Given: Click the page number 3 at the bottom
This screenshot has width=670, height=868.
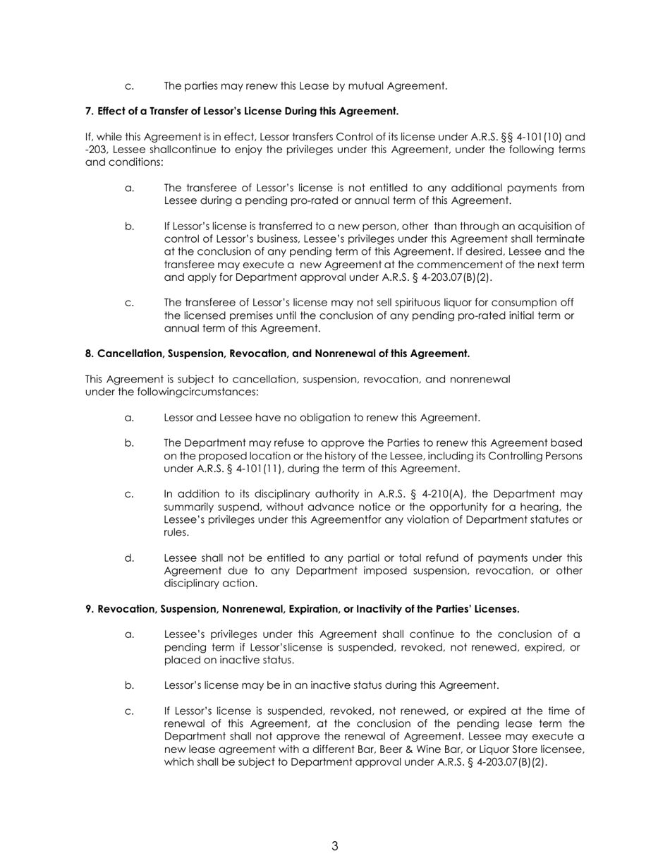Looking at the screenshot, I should coord(334,846).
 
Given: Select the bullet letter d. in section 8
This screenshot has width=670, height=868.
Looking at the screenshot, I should coord(129,558).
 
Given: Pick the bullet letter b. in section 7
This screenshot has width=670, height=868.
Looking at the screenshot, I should coord(129,226).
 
